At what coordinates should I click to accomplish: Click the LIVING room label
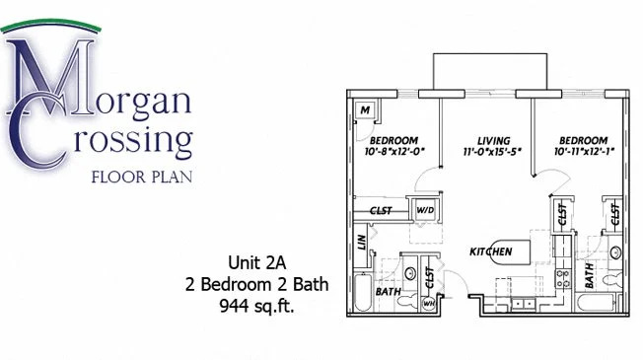[485, 139]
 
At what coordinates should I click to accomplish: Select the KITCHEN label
[490, 252]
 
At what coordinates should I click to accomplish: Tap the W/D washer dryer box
[425, 210]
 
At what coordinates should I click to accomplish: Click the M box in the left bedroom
[365, 109]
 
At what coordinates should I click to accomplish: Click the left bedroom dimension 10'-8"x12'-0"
[393, 152]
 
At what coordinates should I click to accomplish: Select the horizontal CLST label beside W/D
[381, 210]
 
